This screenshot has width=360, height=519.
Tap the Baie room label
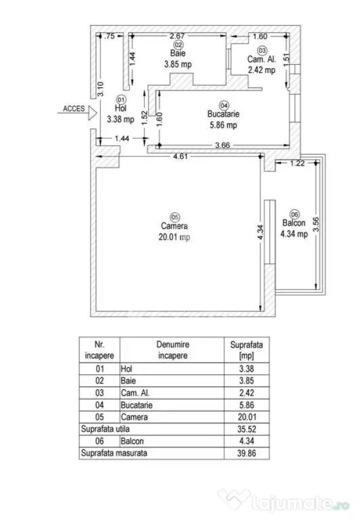coord(178,53)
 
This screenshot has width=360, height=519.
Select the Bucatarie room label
coord(223,114)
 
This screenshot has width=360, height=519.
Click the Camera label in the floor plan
coord(174,226)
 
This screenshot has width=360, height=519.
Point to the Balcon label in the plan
coord(294,223)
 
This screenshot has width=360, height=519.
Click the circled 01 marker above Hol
coord(121,100)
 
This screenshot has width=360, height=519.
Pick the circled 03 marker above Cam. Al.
coord(262,50)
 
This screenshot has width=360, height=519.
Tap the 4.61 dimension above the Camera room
coord(180,156)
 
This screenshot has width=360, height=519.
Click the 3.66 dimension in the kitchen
coord(222,145)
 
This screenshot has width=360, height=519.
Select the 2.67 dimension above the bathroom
coord(177,36)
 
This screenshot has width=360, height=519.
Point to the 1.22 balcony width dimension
coord(297,163)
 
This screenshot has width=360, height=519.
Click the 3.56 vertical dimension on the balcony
coord(316,224)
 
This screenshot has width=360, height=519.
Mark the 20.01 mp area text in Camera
coord(174,237)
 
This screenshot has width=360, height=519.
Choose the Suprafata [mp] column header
coord(247,350)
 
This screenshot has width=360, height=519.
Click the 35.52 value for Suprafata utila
coord(247,429)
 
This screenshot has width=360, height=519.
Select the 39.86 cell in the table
coord(247,453)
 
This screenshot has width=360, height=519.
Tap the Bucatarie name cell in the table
coord(137,405)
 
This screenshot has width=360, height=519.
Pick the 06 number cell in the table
coord(99,441)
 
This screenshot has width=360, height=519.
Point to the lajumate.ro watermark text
coord(301,504)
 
